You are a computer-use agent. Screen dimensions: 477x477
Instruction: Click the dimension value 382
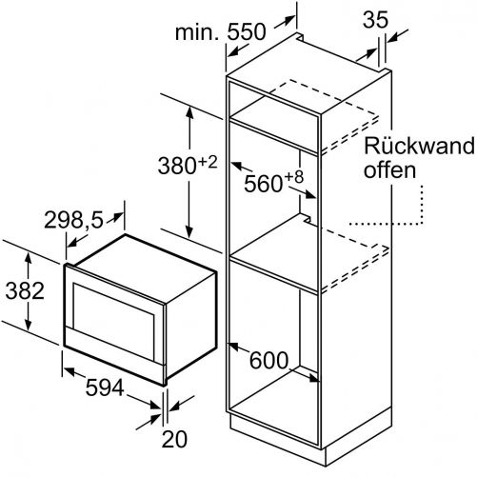tap(25, 290)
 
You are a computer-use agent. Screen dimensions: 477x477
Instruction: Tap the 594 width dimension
tap(105, 388)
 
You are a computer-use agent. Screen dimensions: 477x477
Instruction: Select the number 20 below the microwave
tap(174, 439)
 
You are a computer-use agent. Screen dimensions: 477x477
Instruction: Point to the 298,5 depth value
tap(73, 220)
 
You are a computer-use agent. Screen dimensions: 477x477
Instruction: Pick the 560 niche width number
tap(264, 184)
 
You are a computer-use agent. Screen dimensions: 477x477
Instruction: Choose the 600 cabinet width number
tap(268, 360)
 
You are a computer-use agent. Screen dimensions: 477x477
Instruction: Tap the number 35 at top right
tap(375, 20)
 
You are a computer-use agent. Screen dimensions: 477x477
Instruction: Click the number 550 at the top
tap(247, 31)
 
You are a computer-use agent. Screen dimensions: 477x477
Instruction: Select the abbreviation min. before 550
tap(197, 31)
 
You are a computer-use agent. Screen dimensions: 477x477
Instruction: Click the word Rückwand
tap(419, 146)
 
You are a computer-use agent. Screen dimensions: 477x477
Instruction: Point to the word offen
tap(389, 169)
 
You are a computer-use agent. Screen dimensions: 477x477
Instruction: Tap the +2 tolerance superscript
tap(208, 163)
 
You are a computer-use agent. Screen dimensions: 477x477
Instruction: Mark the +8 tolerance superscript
tap(294, 177)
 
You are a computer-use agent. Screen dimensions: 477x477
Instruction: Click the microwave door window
tap(113, 322)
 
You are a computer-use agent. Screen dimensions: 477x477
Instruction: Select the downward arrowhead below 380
tap(189, 231)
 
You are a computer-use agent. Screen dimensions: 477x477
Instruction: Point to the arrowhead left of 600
tap(233, 347)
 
